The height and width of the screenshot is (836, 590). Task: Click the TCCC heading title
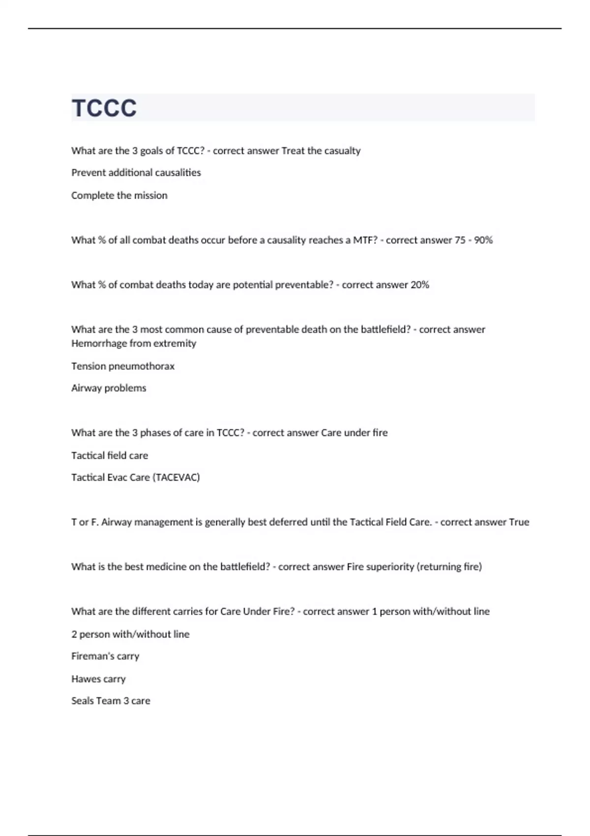point(104,108)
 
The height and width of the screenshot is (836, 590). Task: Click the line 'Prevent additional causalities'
point(136,173)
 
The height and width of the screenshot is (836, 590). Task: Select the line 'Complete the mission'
point(119,195)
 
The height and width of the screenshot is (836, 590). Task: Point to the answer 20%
point(419,285)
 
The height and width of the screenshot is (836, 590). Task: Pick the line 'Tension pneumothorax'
point(123,366)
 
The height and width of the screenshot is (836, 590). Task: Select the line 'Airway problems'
point(109,388)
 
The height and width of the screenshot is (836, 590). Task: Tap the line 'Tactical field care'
point(110,455)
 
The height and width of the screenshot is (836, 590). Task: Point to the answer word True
point(519,522)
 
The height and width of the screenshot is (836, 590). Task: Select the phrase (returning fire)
point(449,567)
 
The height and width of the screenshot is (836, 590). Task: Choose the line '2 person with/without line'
point(130,634)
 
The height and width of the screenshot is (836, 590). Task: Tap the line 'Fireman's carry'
point(105,656)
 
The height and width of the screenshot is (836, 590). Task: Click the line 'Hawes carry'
point(98,679)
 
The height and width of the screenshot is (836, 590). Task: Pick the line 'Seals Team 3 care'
point(111,701)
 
